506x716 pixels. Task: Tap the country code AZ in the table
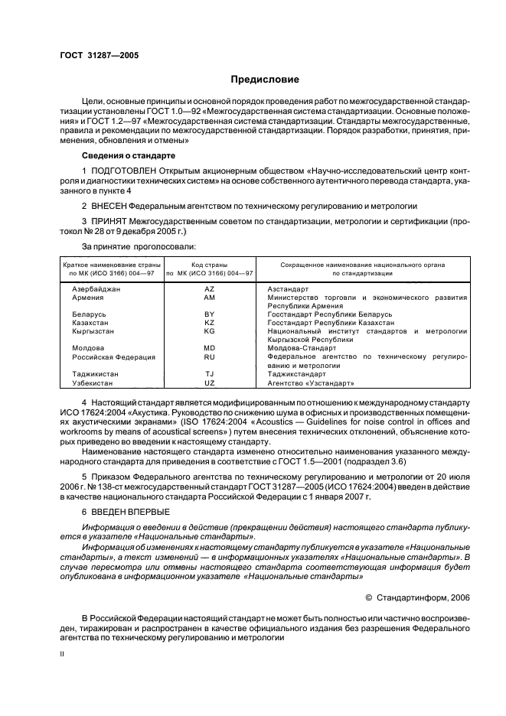209,289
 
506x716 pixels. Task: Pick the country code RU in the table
209,356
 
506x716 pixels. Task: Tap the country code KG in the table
209,330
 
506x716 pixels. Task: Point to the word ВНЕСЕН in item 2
111,207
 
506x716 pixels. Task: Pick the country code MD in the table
209,347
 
